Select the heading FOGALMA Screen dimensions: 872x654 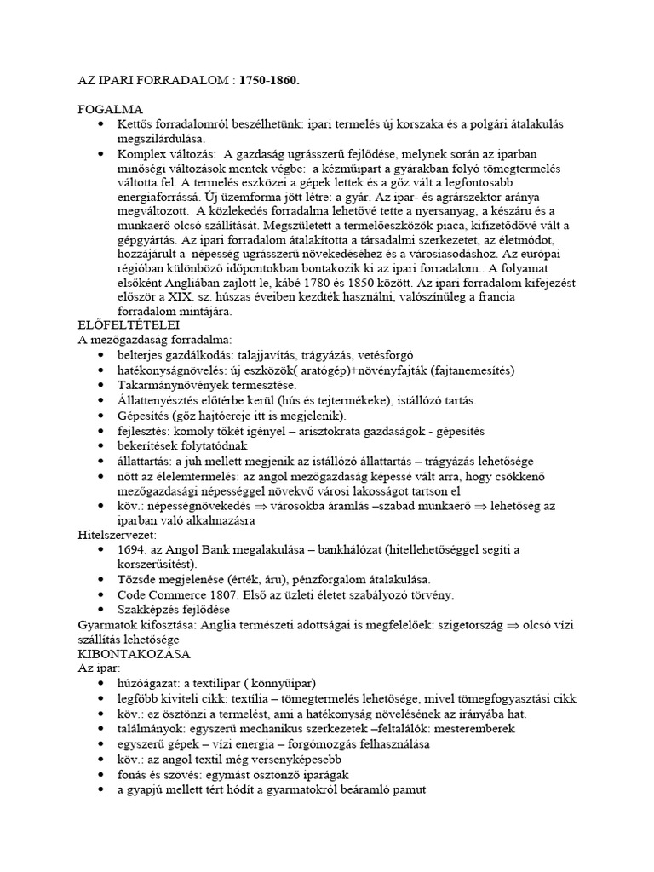point(111,110)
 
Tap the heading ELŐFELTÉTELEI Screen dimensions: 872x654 point(128,325)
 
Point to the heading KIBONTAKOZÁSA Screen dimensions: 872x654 point(134,654)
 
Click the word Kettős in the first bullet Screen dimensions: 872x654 point(137,124)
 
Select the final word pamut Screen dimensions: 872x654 point(407,789)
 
